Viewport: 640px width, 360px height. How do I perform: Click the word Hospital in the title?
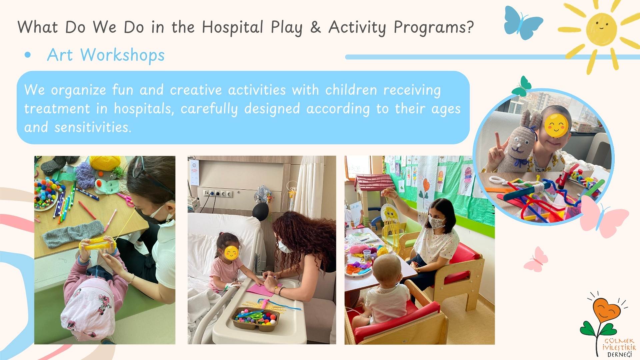tap(233, 27)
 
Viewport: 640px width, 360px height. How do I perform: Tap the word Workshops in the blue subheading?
tap(123, 55)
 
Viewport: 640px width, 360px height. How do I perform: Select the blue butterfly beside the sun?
tap(522, 23)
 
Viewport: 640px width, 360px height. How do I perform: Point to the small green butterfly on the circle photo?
tap(522, 86)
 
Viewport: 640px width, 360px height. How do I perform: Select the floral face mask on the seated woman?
tap(437, 222)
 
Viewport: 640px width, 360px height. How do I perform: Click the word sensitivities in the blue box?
tap(93, 127)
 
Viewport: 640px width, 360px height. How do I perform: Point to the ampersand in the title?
tap(315, 27)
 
